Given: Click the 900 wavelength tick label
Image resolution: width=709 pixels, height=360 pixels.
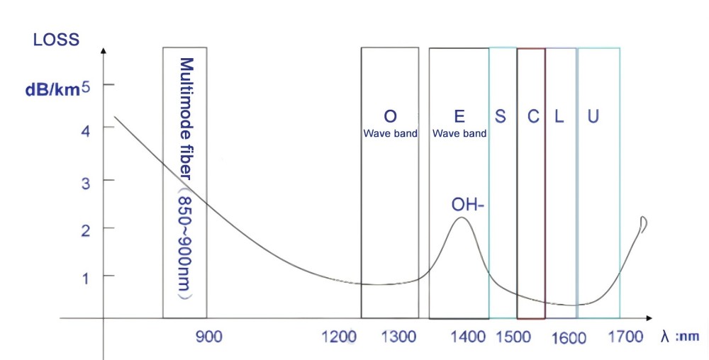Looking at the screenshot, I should point(208,337).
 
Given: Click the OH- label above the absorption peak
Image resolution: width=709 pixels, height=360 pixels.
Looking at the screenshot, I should point(468,206).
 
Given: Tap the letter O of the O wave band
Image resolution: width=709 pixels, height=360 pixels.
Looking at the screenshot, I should point(390,116).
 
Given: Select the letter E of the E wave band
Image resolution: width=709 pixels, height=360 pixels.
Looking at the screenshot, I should point(459,116).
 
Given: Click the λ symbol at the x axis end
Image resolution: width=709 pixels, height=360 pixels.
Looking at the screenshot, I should point(665,337).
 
